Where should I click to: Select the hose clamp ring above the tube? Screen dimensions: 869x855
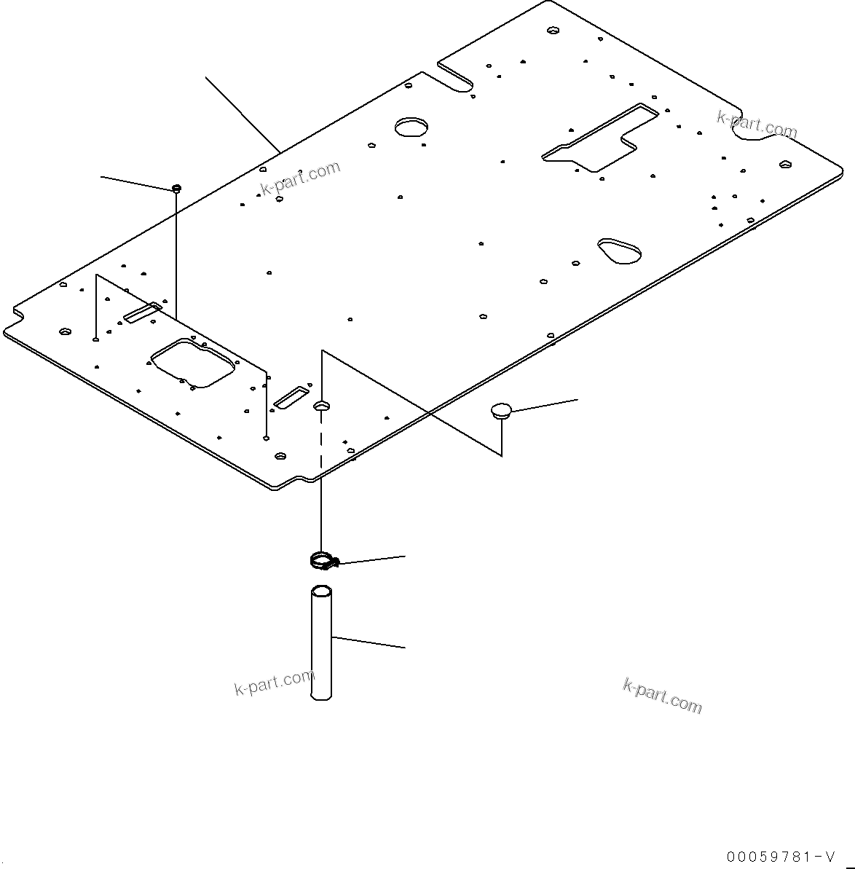coord(320,561)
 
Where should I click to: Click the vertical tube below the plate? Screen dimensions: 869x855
coord(321,645)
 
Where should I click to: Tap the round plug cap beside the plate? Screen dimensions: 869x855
coord(500,411)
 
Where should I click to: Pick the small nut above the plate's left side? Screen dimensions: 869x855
coord(176,189)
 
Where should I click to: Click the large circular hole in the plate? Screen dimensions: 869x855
coord(411,127)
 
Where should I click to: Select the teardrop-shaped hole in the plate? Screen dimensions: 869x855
coord(620,250)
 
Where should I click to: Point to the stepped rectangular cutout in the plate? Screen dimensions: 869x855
coord(601,138)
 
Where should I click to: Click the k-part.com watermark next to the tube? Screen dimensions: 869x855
coord(274,683)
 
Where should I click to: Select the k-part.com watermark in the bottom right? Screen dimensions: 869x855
coord(662,695)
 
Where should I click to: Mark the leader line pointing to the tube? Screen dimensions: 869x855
coord(369,642)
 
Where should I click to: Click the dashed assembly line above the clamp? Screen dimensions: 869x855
coord(320,444)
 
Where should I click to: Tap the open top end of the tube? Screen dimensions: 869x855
coord(321,590)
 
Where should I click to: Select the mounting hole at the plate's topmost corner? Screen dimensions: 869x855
coord(553,31)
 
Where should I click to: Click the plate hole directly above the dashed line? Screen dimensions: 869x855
coord(321,404)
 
